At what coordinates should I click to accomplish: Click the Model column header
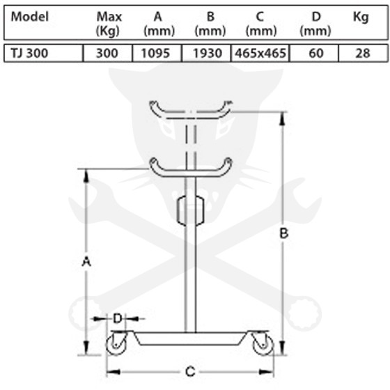pyautogui.click(x=29, y=17)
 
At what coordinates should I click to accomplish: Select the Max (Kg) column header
pyautogui.click(x=109, y=24)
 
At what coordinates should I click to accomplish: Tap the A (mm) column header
pyautogui.click(x=159, y=24)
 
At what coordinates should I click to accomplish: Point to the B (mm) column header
pyautogui.click(x=210, y=24)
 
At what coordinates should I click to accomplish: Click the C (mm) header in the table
pyautogui.click(x=261, y=24)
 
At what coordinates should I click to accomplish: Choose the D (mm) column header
pyautogui.click(x=315, y=24)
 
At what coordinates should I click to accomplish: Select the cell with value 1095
pyautogui.click(x=156, y=53)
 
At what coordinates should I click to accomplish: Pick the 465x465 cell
pyautogui.click(x=260, y=53)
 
